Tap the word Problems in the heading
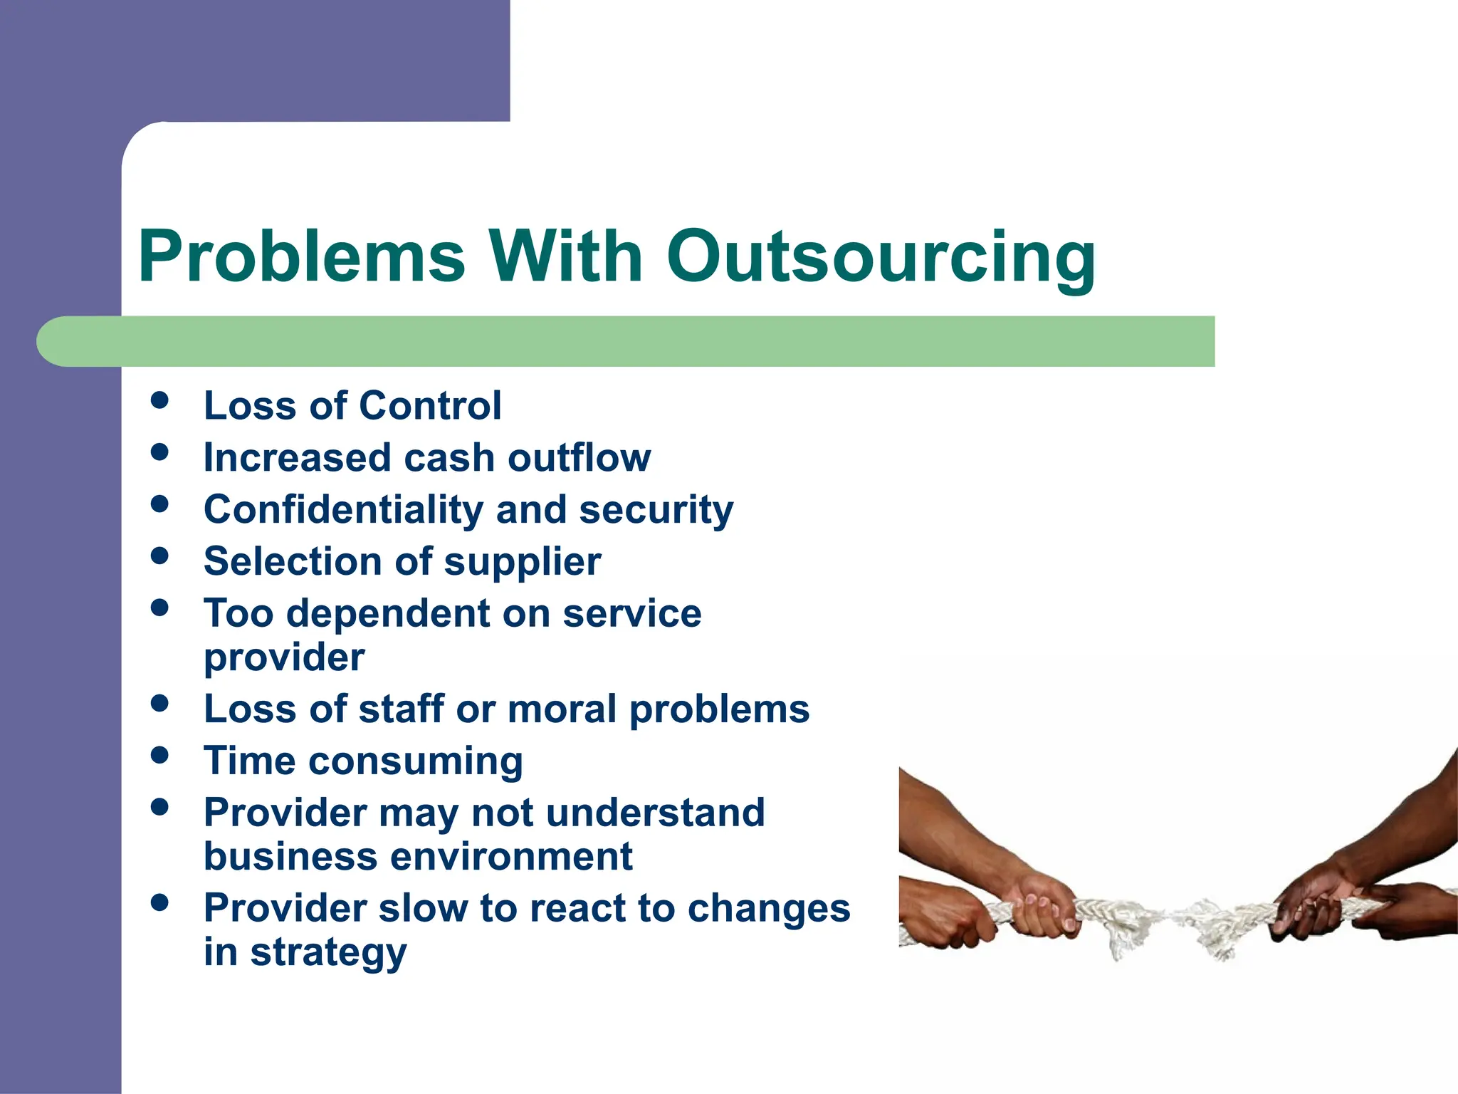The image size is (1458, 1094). pyautogui.click(x=302, y=256)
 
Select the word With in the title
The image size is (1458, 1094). pyautogui.click(x=565, y=256)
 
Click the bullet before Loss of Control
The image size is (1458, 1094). pyautogui.click(x=160, y=400)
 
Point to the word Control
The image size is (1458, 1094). pyautogui.click(x=430, y=406)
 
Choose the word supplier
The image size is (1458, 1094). pyautogui.click(x=523, y=563)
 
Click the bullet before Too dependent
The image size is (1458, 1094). pyautogui.click(x=160, y=608)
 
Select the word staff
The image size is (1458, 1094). pyautogui.click(x=402, y=709)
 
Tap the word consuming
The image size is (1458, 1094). pyautogui.click(x=416, y=762)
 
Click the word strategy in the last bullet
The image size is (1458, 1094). pyautogui.click(x=328, y=953)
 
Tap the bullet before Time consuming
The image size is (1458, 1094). pyautogui.click(x=160, y=755)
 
